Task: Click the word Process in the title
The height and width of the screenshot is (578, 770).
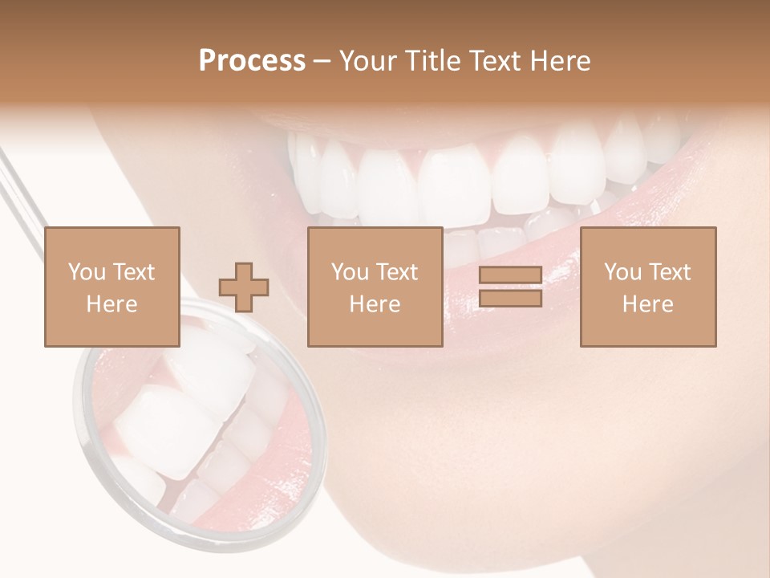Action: pos(252,61)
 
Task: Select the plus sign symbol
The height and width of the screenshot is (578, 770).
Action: pos(244,287)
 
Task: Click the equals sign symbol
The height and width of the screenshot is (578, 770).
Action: pos(510,287)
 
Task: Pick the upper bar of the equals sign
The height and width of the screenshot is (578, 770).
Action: pos(510,275)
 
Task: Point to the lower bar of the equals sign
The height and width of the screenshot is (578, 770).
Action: pos(510,299)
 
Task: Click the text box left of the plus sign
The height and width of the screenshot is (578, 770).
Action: pos(111,287)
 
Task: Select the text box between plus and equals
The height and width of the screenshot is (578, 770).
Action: pos(375,287)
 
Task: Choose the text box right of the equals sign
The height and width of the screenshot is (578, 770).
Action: pos(647,287)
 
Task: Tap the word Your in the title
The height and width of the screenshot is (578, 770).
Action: pos(367,61)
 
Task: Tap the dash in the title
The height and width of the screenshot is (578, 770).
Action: pos(322,61)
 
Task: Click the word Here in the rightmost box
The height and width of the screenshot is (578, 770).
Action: pos(647,304)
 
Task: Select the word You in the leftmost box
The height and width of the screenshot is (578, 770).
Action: pos(86,272)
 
